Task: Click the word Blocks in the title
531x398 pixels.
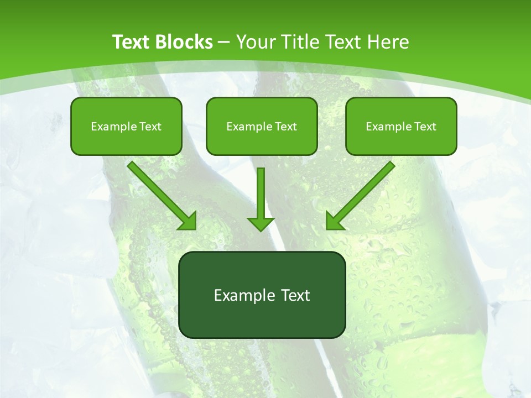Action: [184, 42]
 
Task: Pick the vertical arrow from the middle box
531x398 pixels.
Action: [261, 193]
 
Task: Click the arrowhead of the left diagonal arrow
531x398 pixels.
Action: [188, 221]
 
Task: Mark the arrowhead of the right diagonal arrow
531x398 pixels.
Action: [334, 221]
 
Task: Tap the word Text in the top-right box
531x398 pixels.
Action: [425, 127]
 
